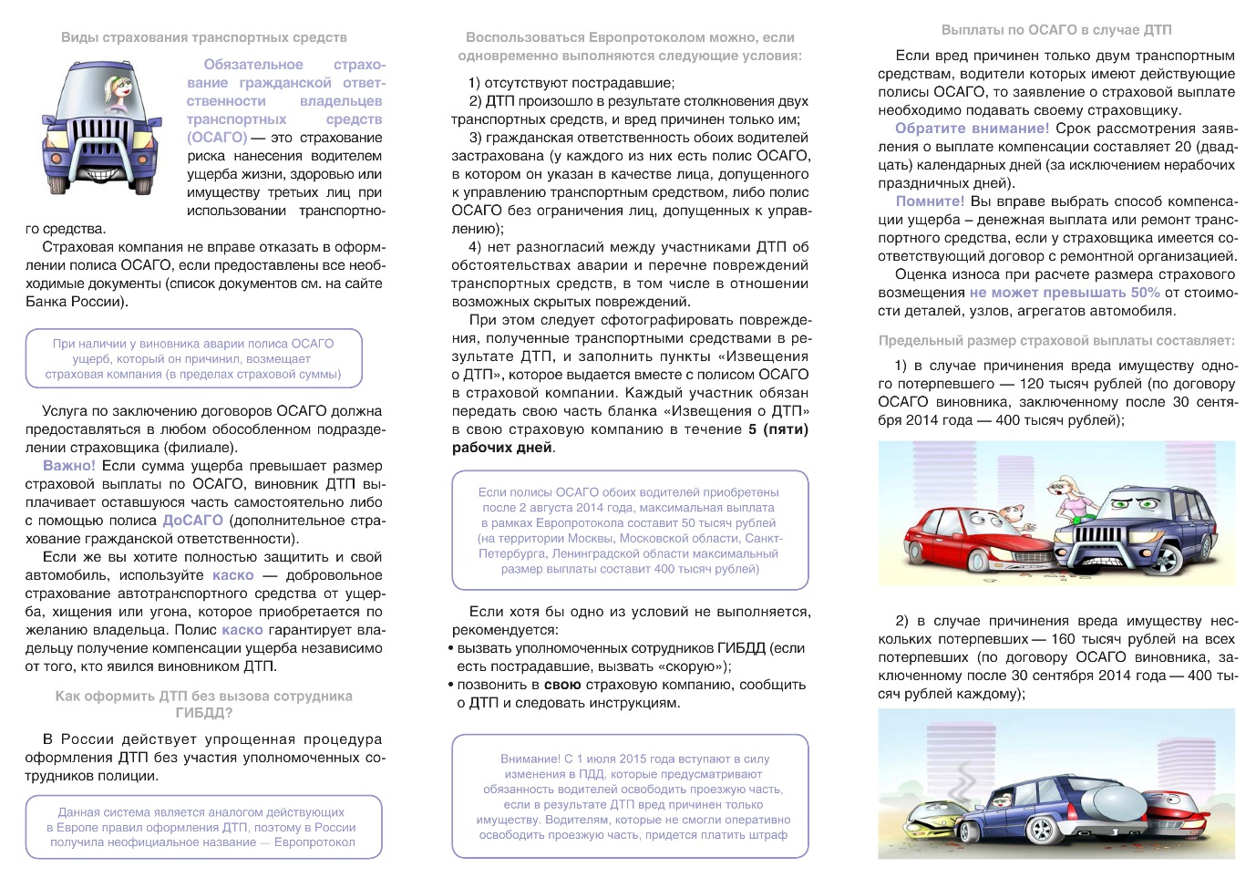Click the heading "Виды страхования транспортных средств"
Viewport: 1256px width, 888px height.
pyautogui.click(x=204, y=37)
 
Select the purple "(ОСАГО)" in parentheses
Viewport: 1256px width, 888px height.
pyautogui.click(x=217, y=138)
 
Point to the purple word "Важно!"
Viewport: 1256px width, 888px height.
pyautogui.click(x=69, y=466)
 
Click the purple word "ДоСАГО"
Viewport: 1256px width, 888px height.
pyautogui.click(x=192, y=521)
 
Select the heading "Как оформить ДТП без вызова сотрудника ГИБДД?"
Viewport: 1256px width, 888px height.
pyautogui.click(x=203, y=705)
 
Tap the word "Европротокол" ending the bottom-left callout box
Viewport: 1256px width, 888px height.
pyautogui.click(x=314, y=842)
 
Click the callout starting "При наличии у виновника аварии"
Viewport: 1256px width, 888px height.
pyautogui.click(x=193, y=359)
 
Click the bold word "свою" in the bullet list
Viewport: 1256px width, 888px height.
pyautogui.click(x=562, y=685)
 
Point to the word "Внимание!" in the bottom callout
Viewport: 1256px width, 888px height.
pyautogui.click(x=530, y=759)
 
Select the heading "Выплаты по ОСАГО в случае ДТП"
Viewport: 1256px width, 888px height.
pyautogui.click(x=1056, y=30)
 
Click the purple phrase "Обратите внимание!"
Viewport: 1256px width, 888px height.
pyautogui.click(x=972, y=129)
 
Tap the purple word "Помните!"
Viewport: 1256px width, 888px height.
pyautogui.click(x=930, y=201)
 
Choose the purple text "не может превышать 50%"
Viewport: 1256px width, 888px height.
pyautogui.click(x=1065, y=293)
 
